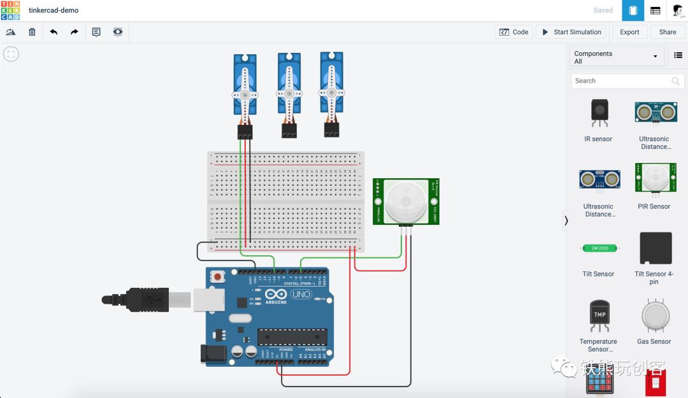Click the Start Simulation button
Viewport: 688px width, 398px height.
(571, 32)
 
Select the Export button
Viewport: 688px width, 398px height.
(629, 32)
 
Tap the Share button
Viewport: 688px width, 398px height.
(668, 32)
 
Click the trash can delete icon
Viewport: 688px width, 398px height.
(32, 32)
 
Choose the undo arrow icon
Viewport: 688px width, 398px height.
(54, 32)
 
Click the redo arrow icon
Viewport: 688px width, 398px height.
(75, 32)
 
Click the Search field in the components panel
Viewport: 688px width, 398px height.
(621, 81)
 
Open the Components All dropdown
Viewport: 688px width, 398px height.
(616, 57)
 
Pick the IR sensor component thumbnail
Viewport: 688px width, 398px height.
(598, 113)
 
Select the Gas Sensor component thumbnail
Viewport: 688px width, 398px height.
(654, 315)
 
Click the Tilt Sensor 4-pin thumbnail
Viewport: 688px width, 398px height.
(655, 248)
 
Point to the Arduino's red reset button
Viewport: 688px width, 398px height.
(219, 277)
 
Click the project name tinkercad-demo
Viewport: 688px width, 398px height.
(54, 10)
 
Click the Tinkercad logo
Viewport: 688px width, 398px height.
(10, 10)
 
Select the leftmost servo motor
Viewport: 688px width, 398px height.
(245, 89)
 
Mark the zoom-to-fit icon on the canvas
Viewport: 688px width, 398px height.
(11, 54)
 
